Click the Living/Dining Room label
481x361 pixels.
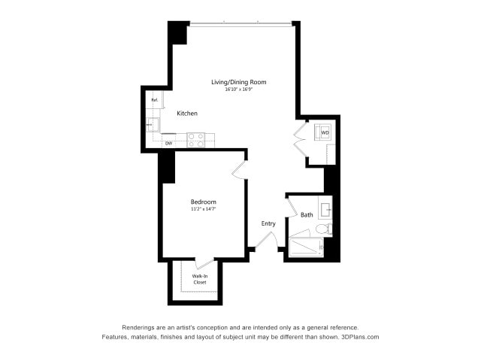coord(238,82)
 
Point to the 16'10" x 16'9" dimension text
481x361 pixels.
coord(238,89)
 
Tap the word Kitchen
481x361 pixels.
coord(187,114)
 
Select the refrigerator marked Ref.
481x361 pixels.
coord(154,100)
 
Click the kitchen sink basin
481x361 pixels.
coord(153,125)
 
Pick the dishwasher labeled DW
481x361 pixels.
coord(168,143)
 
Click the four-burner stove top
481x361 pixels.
coord(196,139)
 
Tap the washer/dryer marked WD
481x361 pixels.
coord(325,132)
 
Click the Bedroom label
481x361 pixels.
coord(203,202)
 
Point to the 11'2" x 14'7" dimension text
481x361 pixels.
coord(203,209)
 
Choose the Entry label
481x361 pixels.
coord(268,223)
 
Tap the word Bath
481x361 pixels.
coord(307,215)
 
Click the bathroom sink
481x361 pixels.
coord(326,207)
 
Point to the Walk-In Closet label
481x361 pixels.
coord(199,279)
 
